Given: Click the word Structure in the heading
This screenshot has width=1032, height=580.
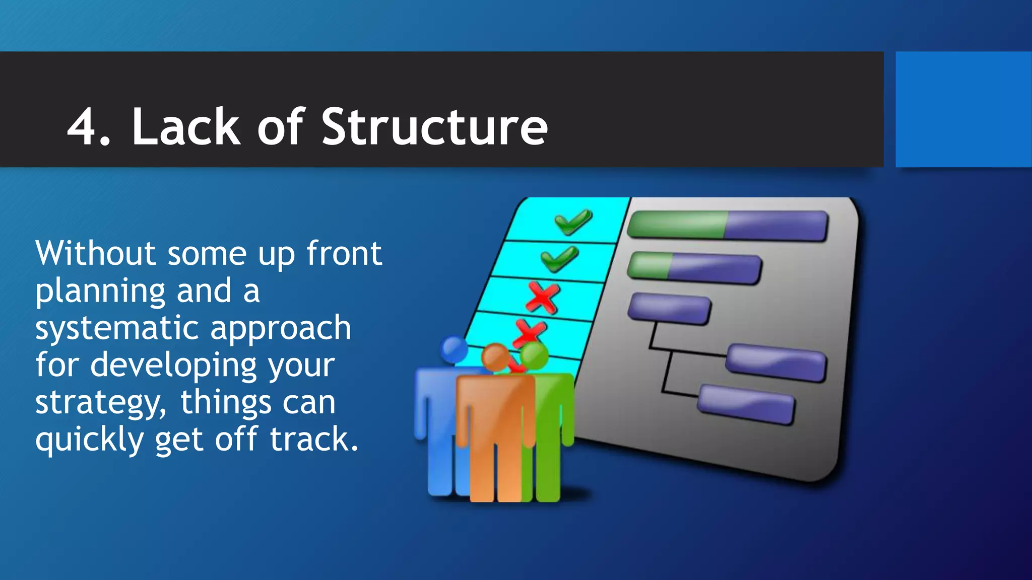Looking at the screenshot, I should [434, 127].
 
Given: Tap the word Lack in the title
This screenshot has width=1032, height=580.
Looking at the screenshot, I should [186, 127].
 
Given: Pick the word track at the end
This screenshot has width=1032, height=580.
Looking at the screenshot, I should [313, 439].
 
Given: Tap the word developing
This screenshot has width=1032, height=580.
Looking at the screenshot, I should [173, 365].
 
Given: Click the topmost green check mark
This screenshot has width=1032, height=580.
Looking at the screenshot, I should [573, 222].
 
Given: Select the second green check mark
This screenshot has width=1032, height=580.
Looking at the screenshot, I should [559, 259].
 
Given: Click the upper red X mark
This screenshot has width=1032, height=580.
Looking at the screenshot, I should [542, 298].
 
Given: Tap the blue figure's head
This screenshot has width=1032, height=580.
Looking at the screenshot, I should [454, 349].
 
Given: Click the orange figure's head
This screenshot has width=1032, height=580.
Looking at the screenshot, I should [495, 356].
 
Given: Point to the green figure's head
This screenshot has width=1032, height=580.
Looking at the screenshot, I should [534, 355].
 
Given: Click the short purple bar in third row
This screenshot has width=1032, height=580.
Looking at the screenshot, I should [669, 308].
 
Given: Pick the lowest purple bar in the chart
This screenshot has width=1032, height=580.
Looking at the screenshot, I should [745, 404].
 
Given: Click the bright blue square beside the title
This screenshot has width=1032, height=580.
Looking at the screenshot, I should [963, 109].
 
